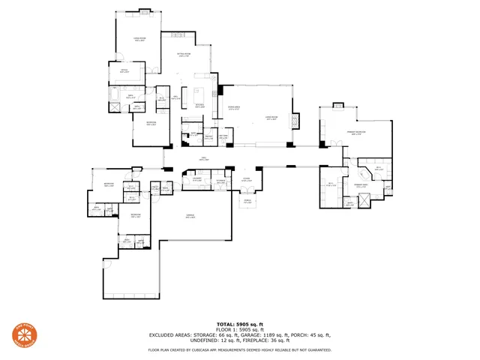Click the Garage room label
(x=190, y=216)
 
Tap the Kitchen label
(x=199, y=106)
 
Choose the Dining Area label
(x=234, y=108)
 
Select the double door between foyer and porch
(x=246, y=193)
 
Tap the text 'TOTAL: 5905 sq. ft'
(x=240, y=322)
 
